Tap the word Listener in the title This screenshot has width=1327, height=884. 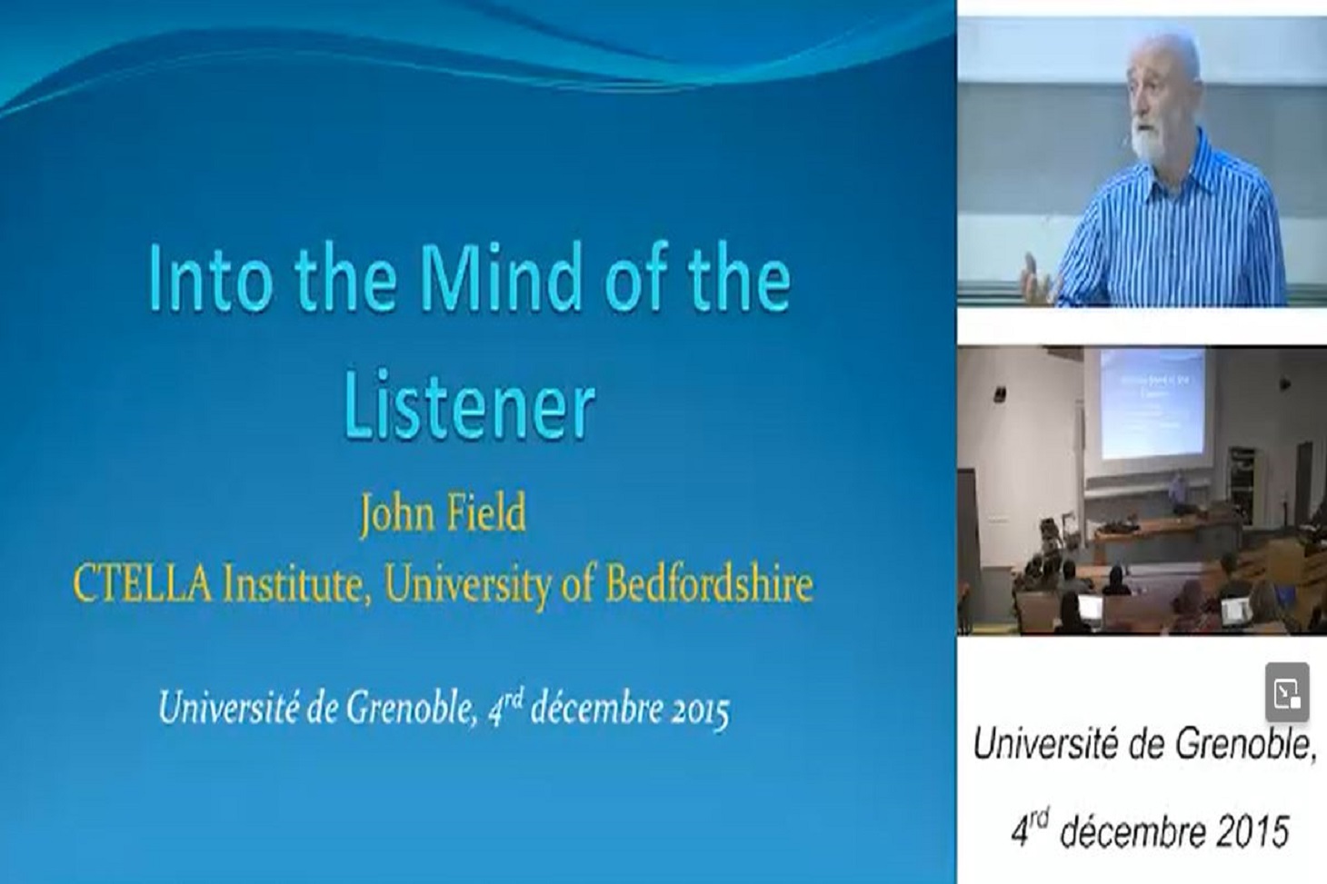coord(469,404)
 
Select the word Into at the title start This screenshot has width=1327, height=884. coord(211,278)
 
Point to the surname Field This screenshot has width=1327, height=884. coord(485,512)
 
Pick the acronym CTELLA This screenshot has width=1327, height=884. coord(142,585)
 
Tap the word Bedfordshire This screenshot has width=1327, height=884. coord(710,585)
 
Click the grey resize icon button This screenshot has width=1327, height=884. coord(1287,692)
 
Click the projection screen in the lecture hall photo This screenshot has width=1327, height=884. coord(1152,403)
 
